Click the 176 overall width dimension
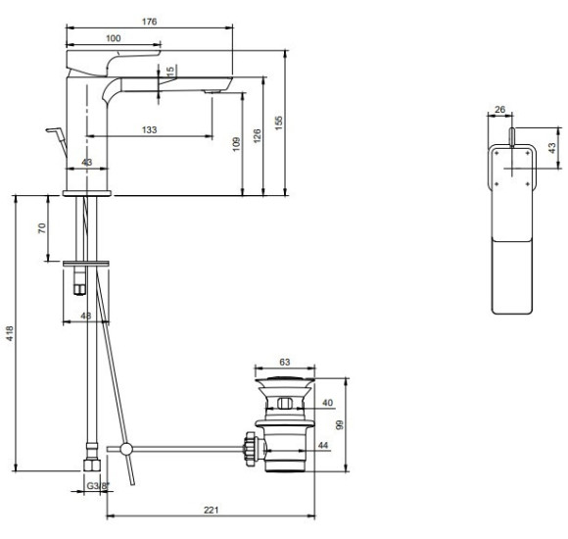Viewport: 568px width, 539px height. coord(149,22)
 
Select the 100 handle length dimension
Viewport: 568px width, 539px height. coord(114,38)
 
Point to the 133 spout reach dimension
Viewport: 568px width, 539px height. coord(149,129)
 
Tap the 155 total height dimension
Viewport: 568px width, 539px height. coord(278,122)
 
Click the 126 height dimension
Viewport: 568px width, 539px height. coord(257,136)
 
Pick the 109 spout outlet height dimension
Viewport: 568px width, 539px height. coord(236,144)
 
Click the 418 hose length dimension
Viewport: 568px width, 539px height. coord(10,333)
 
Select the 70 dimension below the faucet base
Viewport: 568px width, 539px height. coord(42,228)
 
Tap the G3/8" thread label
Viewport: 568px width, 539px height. coord(98,486)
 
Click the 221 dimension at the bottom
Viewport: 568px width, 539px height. coord(212,510)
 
